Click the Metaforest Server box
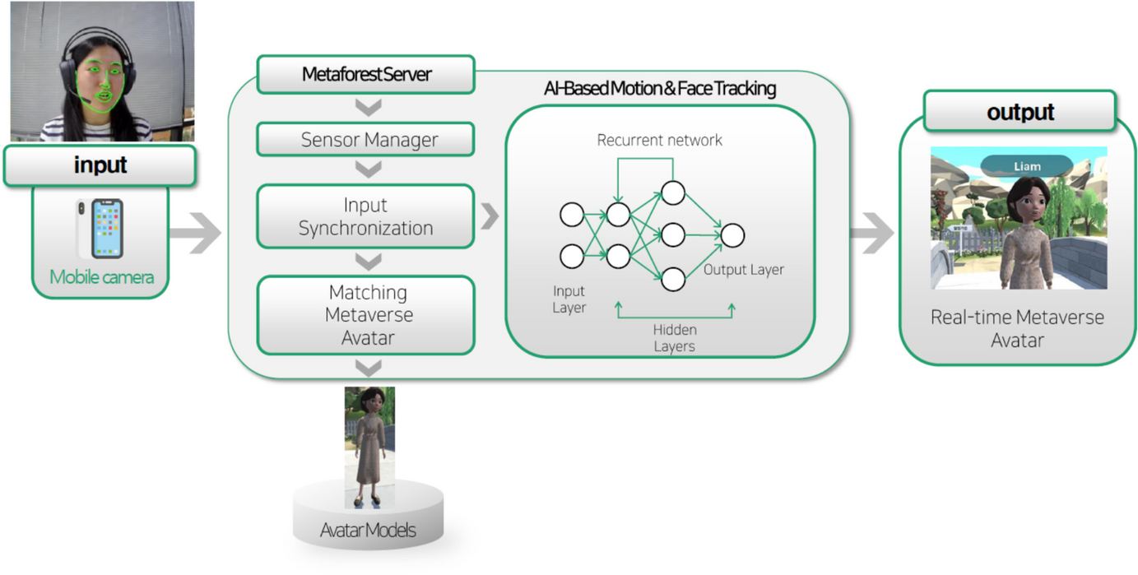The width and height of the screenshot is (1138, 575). pos(366,75)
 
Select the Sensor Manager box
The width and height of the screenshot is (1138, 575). pos(366,139)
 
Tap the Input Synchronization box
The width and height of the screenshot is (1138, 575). pos(366,216)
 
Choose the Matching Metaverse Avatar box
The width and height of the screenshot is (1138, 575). pos(366,314)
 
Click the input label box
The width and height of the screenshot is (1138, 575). pos(100,165)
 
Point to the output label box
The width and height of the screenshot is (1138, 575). pos(1020,112)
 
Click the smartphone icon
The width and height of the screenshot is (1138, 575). pos(100,229)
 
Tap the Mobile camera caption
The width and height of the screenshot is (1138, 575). pos(101,277)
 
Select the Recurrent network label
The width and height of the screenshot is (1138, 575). pos(659,140)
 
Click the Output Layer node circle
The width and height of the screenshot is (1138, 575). pos(732,235)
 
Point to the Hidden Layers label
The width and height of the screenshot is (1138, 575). pos(674,338)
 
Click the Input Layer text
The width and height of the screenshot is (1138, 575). pos(569,299)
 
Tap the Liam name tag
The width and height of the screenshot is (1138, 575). pos(1026,166)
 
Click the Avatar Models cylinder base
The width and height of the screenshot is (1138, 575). pos(368,514)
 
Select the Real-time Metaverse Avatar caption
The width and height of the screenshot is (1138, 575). pos(1017,328)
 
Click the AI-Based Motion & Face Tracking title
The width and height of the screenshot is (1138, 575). pos(660,88)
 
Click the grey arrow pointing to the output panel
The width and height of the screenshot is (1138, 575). pos(871,234)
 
